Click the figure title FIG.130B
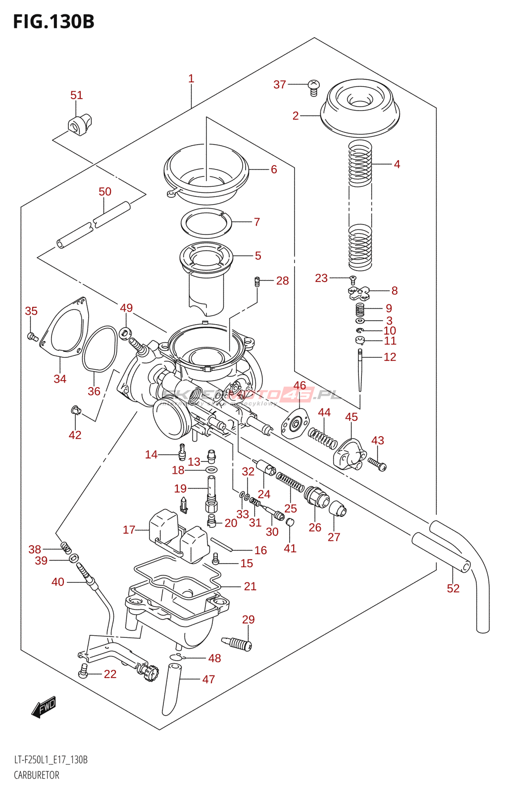point(53,22)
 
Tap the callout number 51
point(76,95)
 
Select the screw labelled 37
point(313,87)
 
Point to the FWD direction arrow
point(44,707)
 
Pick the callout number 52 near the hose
point(453,588)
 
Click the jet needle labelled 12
point(360,369)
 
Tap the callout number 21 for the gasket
point(250,586)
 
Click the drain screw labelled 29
point(238,644)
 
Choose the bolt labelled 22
point(83,673)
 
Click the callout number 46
point(300,386)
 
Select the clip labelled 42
point(75,409)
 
